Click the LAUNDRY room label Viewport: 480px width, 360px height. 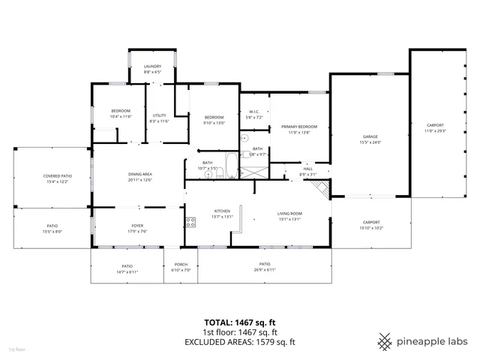coord(152,67)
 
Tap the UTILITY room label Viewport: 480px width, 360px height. coord(159,115)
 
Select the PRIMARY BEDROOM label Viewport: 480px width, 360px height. coord(299,127)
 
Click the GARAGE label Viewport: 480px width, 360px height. coord(370,136)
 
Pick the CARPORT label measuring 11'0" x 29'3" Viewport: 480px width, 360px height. coord(435,125)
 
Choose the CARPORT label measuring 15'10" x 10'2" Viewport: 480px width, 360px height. coord(371,222)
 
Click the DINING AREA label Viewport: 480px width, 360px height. coord(139,174)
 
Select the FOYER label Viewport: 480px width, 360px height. coord(137,225)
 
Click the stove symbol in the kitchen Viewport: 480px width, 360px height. coord(190,222)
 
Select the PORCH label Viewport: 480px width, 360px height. coord(181,264)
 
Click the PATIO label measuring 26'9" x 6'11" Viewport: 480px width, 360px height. coord(265,264)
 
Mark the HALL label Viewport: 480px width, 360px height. coord(307,169)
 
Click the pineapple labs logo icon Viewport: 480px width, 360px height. coord(385,340)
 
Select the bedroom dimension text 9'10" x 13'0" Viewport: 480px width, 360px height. coord(214,123)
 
